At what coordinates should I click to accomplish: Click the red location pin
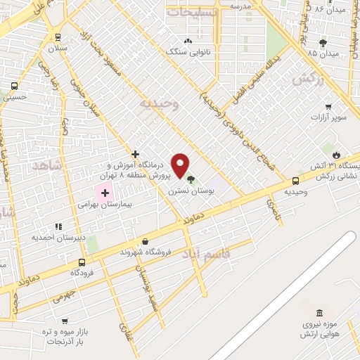pos(181,165)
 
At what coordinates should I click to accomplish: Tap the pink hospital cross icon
pos(105,193)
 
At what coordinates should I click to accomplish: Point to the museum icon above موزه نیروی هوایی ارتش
pos(320,312)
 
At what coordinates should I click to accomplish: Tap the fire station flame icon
pos(336,155)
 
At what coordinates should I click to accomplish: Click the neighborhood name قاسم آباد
pos(207,253)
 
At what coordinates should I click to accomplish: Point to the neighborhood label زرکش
pos(307,80)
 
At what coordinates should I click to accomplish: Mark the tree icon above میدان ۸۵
pos(323,42)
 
